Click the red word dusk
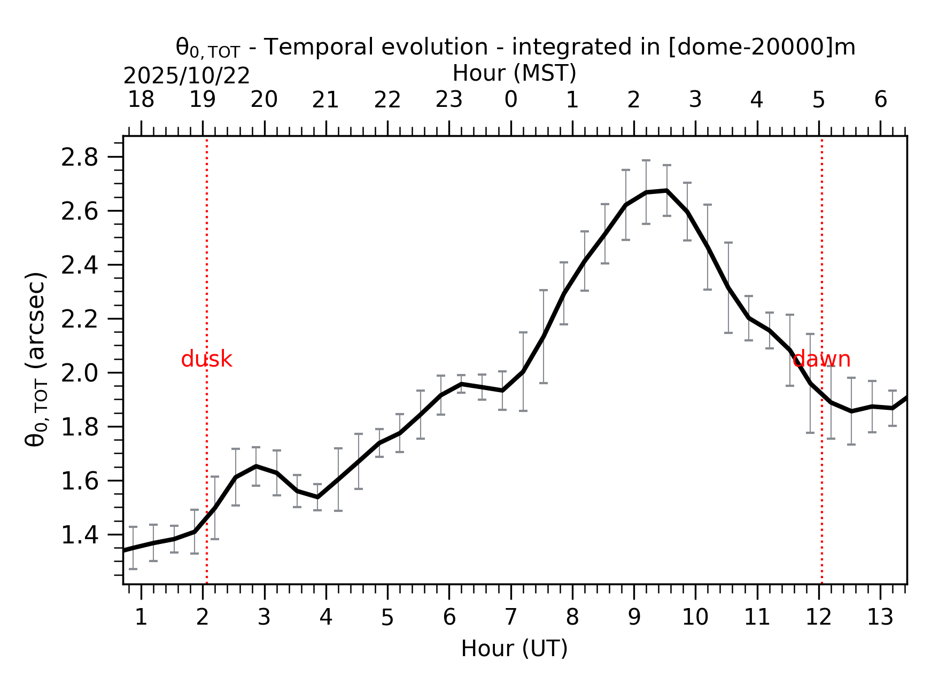point(206,360)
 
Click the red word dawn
point(821,360)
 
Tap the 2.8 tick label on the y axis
point(79,158)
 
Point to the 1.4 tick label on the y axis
point(79,535)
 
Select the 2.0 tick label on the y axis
point(79,373)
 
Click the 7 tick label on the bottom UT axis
point(511,618)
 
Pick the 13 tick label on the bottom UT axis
point(880,618)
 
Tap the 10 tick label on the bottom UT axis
point(695,618)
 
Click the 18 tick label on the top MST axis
point(141,100)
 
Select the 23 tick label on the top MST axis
point(449,100)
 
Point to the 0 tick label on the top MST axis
point(511,100)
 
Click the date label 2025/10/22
point(187,76)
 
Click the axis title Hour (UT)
point(514,649)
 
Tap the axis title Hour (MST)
point(514,73)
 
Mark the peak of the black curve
point(666,190)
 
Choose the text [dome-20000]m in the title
point(762,47)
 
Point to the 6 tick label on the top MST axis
point(880,100)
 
